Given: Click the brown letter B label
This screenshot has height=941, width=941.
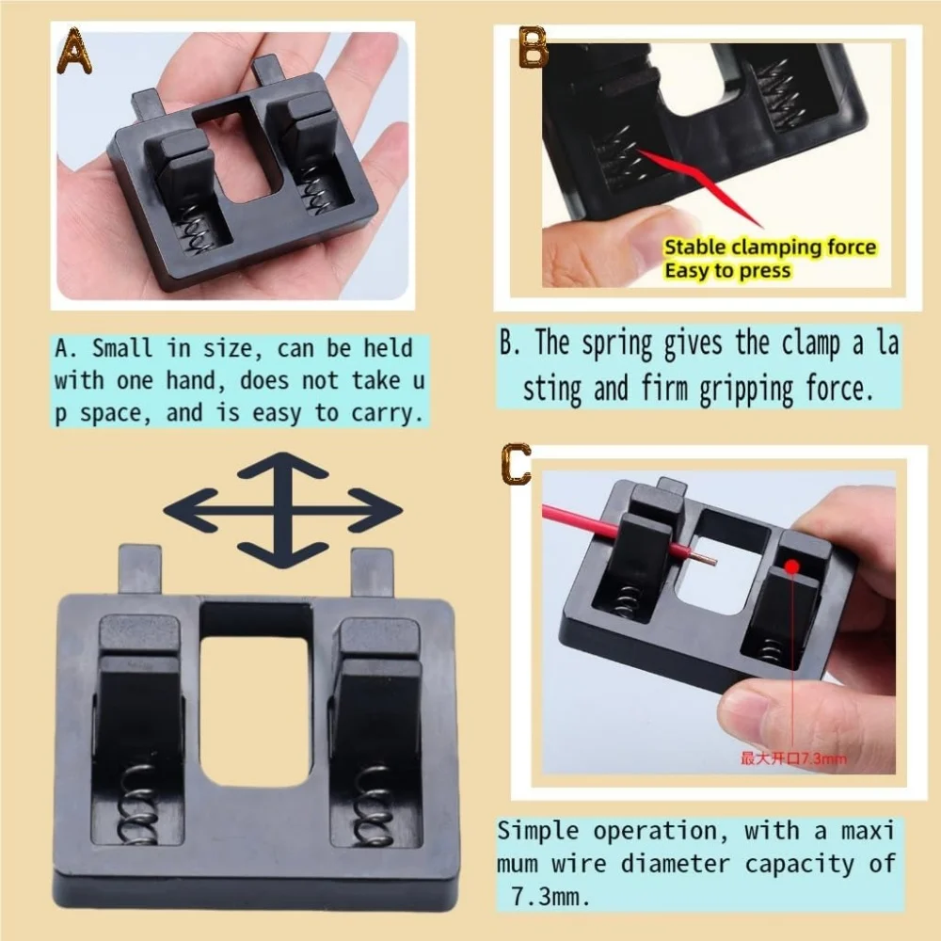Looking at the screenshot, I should click(x=534, y=50).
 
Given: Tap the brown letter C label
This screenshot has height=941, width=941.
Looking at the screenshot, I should click(x=517, y=465).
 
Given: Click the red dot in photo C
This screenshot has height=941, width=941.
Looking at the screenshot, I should click(x=792, y=566).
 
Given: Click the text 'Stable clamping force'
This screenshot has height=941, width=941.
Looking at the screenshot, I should click(x=769, y=248).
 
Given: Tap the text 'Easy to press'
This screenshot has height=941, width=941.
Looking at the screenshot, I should click(x=727, y=271).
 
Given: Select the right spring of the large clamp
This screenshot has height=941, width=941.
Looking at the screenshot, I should click(x=374, y=801).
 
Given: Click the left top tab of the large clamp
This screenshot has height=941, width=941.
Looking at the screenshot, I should click(x=140, y=570).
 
